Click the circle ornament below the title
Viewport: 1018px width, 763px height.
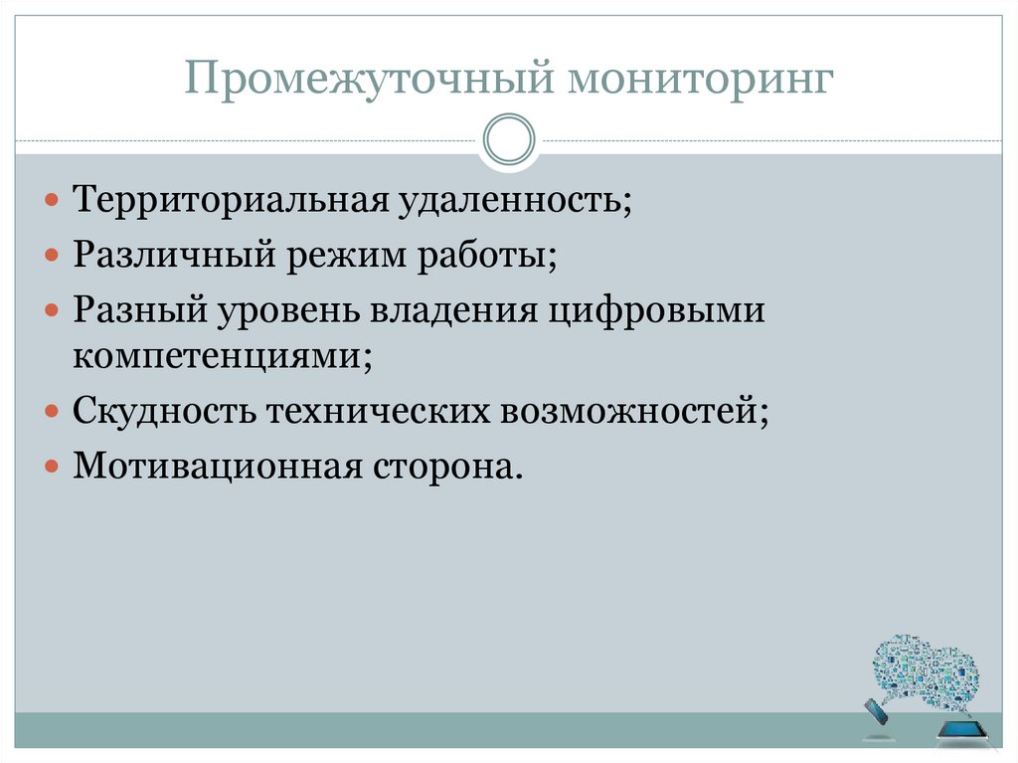click(x=509, y=140)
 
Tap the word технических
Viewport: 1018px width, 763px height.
click(x=376, y=410)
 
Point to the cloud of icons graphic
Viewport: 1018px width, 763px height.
click(x=924, y=672)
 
